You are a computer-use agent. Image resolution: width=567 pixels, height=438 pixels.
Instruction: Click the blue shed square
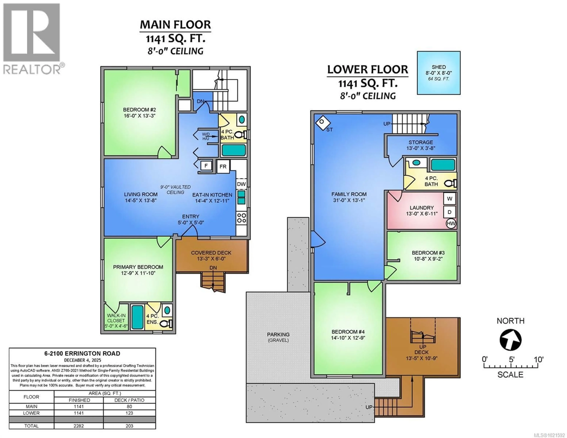tap(439, 73)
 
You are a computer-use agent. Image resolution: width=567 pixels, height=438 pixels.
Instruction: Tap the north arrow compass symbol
tap(510, 340)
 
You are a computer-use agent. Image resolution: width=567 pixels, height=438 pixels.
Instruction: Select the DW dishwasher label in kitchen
tap(241, 184)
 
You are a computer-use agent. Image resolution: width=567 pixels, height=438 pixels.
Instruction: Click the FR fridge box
tap(223, 166)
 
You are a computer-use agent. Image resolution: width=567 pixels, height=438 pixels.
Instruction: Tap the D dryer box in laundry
tap(450, 212)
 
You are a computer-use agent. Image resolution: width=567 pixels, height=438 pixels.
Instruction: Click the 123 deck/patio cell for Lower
tap(129, 413)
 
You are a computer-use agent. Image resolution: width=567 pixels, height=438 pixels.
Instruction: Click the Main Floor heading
tap(175, 25)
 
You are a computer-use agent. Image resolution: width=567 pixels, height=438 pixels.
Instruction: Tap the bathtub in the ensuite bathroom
tap(137, 317)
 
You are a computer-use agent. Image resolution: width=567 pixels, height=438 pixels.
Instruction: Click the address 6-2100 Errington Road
tap(82, 353)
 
